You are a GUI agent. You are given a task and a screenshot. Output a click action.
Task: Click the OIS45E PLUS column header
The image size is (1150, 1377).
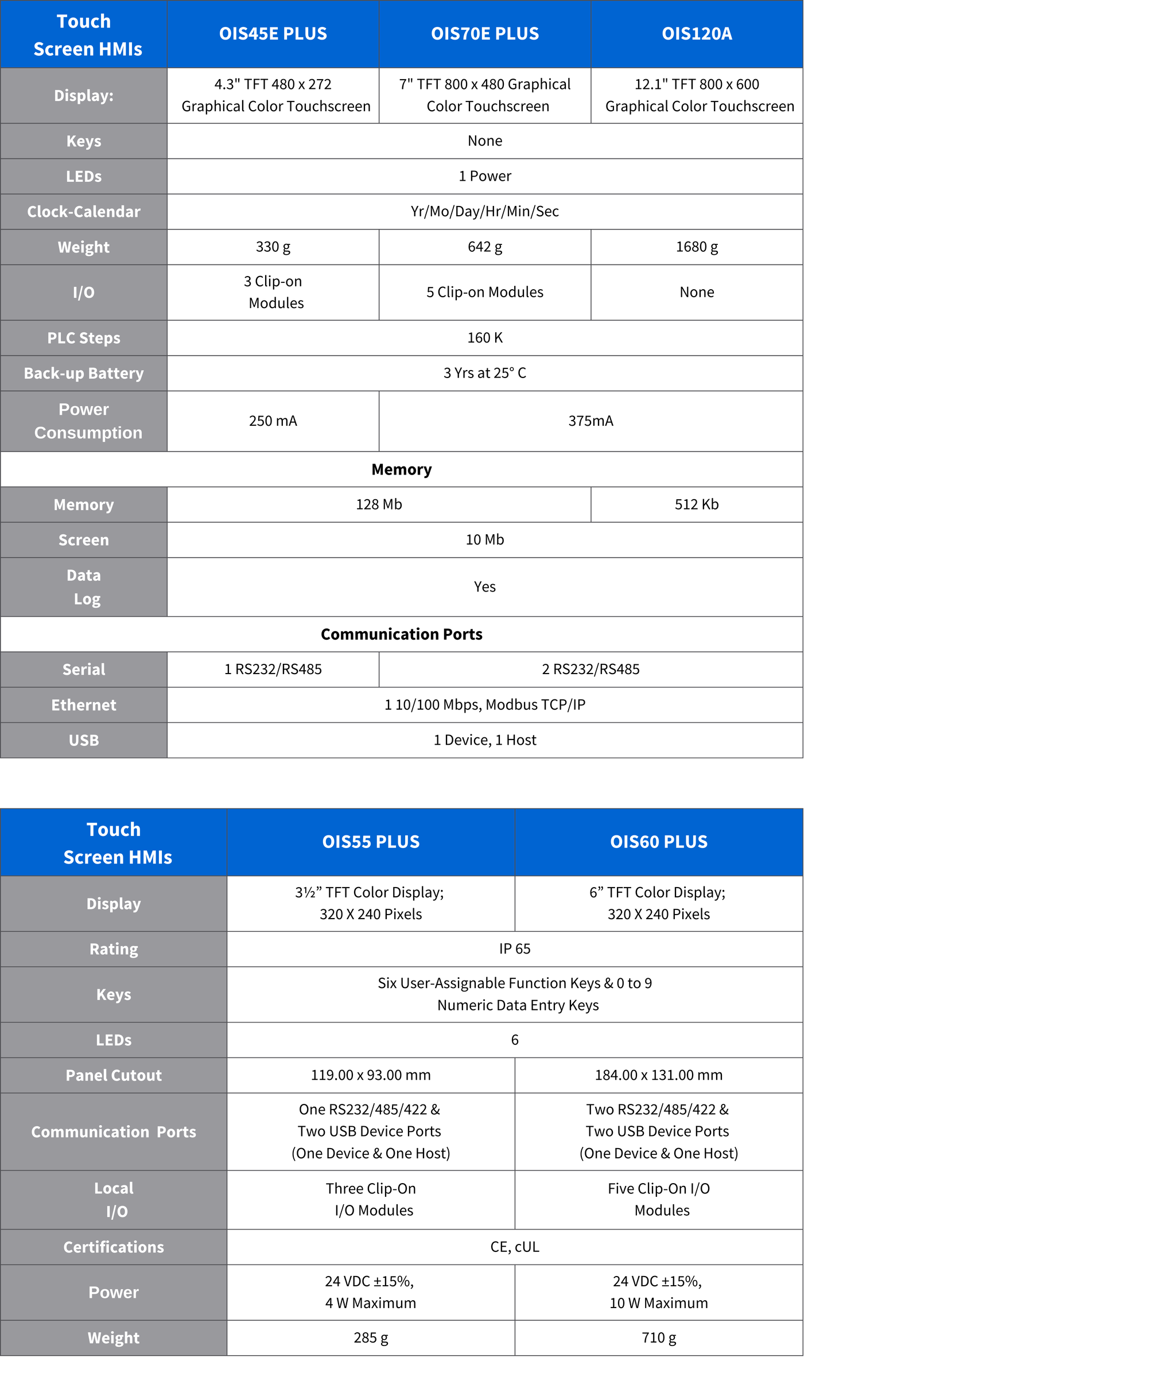click(273, 34)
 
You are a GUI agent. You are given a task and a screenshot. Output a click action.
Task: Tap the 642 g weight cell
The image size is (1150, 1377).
click(484, 247)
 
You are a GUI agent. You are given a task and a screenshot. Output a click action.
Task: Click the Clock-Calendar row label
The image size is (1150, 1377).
click(83, 212)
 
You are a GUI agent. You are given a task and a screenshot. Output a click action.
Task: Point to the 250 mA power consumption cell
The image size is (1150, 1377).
click(273, 421)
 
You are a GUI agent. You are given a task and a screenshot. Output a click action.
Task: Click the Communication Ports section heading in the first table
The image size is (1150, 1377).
click(401, 634)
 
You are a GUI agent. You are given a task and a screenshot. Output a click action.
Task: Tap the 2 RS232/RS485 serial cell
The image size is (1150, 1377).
click(590, 669)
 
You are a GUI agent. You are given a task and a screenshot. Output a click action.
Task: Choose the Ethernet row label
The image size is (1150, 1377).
click(83, 705)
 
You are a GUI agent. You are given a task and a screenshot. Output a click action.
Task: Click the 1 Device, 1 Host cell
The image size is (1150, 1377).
click(484, 740)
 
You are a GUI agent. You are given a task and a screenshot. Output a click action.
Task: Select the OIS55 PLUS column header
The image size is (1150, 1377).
click(371, 842)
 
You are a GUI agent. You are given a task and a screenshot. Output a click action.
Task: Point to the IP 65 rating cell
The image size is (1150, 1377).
click(514, 949)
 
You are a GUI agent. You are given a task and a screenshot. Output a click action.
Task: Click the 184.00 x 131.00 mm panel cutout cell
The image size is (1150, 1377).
click(658, 1075)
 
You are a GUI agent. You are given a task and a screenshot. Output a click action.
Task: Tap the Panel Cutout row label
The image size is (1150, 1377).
click(114, 1075)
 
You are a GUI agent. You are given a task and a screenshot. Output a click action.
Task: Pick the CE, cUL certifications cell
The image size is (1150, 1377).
click(514, 1247)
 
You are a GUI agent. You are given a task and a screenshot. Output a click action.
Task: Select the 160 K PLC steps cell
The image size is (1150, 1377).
click(484, 338)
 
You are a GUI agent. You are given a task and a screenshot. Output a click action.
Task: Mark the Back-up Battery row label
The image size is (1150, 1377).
click(83, 373)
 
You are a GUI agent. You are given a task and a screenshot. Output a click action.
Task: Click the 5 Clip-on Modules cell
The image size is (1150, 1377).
click(484, 292)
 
